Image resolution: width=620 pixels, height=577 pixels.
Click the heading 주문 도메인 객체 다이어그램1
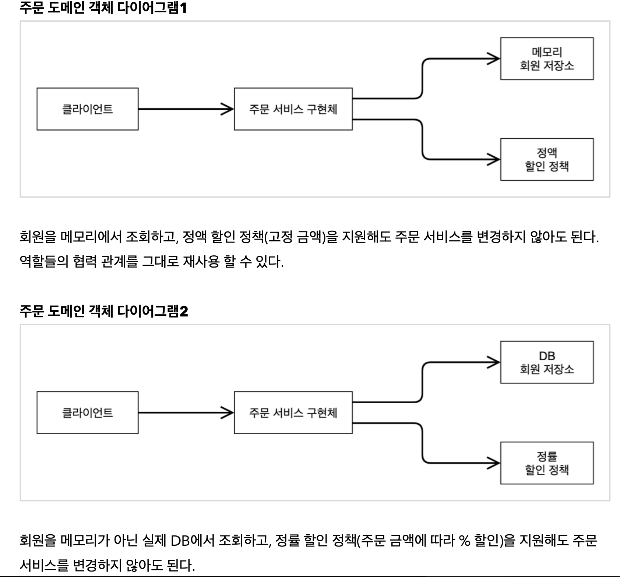point(103,8)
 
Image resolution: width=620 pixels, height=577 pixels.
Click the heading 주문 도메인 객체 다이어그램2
point(103,311)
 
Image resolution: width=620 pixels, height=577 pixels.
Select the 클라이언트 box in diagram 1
point(88,109)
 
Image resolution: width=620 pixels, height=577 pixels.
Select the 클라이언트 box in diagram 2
point(88,413)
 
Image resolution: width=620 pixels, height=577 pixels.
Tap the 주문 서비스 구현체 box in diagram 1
point(293,109)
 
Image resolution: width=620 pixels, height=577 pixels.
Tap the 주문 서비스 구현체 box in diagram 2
point(293,413)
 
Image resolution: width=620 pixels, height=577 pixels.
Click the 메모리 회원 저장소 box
point(547,59)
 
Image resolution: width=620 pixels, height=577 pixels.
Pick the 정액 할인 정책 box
point(547,159)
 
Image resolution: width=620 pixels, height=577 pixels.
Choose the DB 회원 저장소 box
point(547,362)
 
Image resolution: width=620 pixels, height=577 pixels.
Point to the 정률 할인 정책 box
point(547,463)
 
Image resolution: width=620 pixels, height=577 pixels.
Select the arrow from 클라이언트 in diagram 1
point(184,109)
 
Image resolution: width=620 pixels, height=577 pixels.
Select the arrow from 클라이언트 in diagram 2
point(184,413)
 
